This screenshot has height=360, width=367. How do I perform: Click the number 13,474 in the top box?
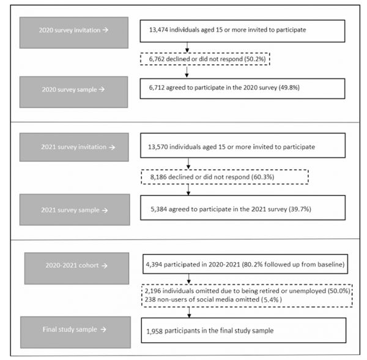(158, 30)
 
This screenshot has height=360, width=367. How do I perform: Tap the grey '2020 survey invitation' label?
(74, 32)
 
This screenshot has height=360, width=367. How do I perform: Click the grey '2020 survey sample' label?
(74, 92)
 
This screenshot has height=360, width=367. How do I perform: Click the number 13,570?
(158, 147)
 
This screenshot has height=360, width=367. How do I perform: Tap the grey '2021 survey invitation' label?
(74, 147)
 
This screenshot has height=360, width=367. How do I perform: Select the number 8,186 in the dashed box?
(158, 177)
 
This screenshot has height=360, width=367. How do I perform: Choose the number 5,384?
(158, 209)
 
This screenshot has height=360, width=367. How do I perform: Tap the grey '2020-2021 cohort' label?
(76, 268)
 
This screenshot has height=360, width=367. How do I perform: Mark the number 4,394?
(154, 264)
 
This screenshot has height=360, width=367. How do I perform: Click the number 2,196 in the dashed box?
(153, 291)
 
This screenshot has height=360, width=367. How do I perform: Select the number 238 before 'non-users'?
(150, 299)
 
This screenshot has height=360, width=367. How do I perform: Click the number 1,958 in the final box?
(155, 331)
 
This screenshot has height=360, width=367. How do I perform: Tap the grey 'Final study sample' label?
(75, 332)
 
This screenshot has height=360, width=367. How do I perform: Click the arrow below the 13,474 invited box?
(187, 47)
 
